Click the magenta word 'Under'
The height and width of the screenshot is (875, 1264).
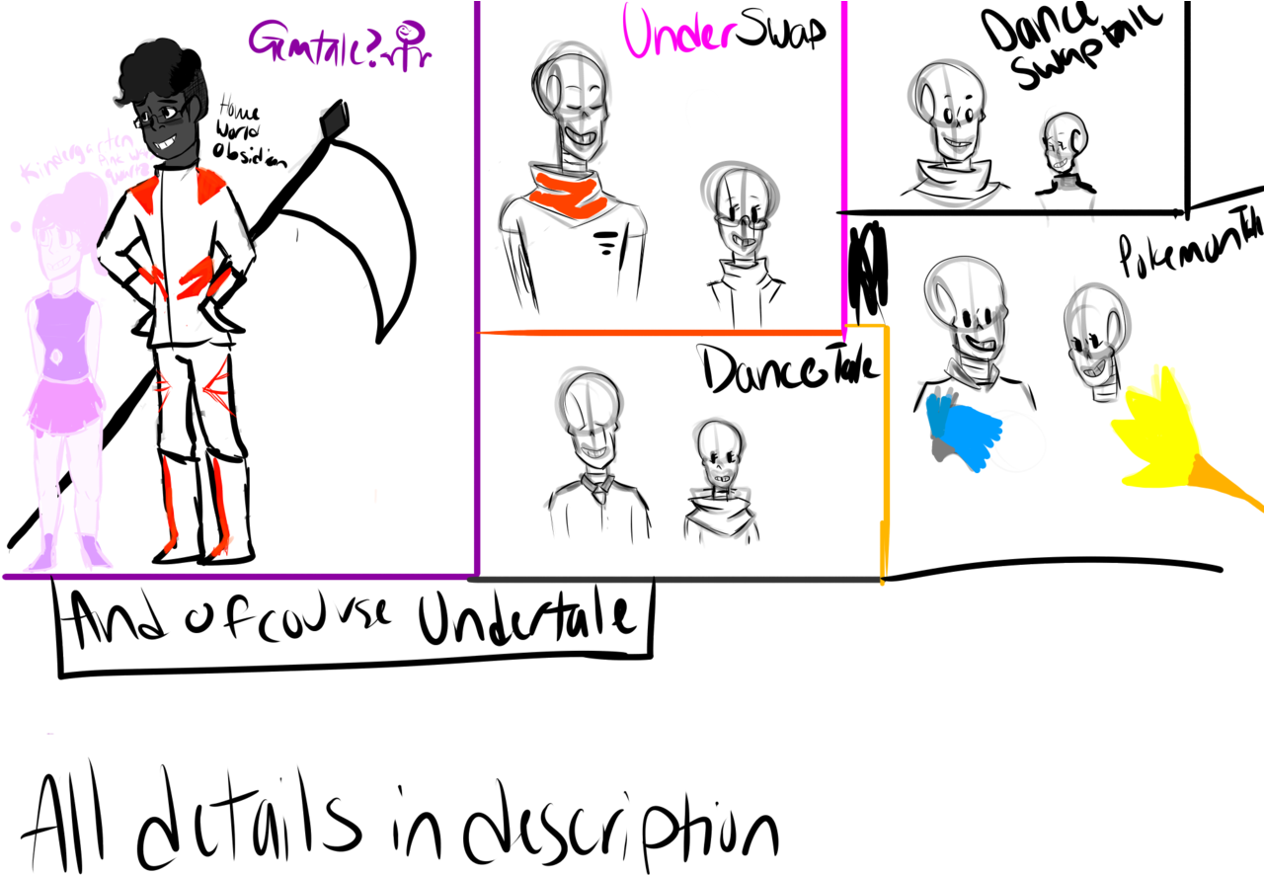click(679, 32)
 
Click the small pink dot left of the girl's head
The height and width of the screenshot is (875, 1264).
click(16, 226)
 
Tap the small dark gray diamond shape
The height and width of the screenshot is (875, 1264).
click(334, 119)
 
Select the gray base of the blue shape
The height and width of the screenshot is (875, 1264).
click(940, 450)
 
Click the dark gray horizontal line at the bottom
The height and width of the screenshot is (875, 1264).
click(671, 580)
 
